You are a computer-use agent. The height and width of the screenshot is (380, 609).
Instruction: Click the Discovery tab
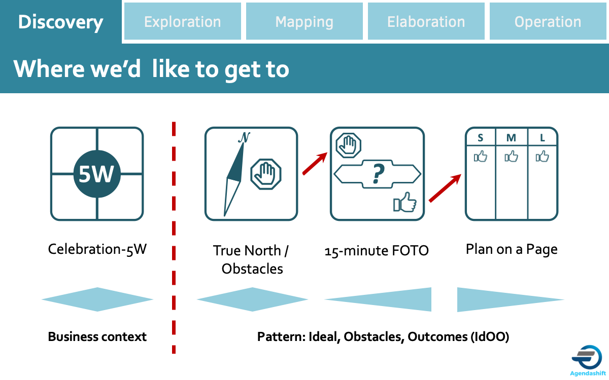pyautogui.click(x=60, y=22)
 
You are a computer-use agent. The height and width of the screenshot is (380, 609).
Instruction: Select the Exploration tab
pyautogui.click(x=183, y=22)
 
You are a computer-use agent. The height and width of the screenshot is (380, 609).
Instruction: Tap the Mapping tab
pyautogui.click(x=304, y=22)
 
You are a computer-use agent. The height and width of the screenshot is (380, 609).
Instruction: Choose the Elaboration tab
pyautogui.click(x=426, y=22)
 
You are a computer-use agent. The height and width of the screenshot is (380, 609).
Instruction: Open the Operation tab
pyautogui.click(x=548, y=22)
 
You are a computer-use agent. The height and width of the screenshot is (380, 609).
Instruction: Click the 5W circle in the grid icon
pyautogui.click(x=97, y=174)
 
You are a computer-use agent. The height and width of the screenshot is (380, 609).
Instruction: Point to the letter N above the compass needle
pyautogui.click(x=244, y=137)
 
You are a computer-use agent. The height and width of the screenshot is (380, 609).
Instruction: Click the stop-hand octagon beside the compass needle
pyautogui.click(x=266, y=174)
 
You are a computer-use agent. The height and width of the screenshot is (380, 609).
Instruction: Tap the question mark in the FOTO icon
pyautogui.click(x=377, y=174)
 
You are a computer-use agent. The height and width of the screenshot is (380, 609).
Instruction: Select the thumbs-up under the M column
pyautogui.click(x=512, y=157)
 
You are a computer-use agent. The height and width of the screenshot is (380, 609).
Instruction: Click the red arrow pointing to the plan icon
pyautogui.click(x=445, y=188)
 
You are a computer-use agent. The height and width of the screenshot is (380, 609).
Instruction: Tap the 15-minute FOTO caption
pyautogui.click(x=377, y=250)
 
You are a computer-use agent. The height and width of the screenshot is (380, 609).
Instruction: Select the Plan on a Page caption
pyautogui.click(x=512, y=249)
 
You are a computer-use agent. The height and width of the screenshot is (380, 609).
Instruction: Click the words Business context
pyautogui.click(x=97, y=336)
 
